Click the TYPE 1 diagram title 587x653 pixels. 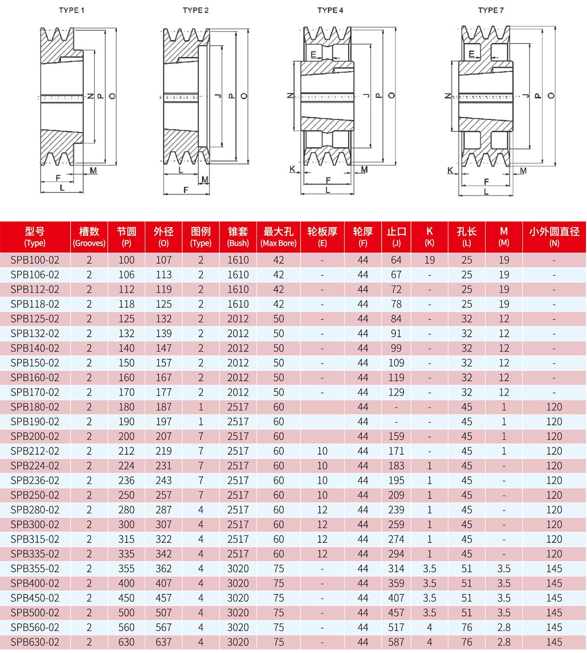click(x=71, y=10)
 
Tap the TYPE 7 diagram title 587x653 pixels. click(x=491, y=10)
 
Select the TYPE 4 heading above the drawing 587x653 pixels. click(x=330, y=10)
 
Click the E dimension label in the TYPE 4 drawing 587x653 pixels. click(x=313, y=53)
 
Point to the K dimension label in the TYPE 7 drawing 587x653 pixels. click(x=451, y=170)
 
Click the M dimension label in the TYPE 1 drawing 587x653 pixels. click(x=93, y=170)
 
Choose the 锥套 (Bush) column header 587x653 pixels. click(x=238, y=236)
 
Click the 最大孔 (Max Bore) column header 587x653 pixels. click(x=278, y=236)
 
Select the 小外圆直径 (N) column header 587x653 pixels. click(x=554, y=236)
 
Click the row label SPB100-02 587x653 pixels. click(x=35, y=260)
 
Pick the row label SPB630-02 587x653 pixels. click(x=35, y=642)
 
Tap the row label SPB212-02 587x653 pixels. click(x=35, y=451)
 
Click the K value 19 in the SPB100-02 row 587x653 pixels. click(x=429, y=260)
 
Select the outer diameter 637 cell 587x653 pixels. click(x=164, y=642)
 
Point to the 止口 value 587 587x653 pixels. click(x=396, y=642)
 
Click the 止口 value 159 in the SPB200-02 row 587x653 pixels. click(x=396, y=436)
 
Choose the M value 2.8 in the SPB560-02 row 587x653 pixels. click(x=504, y=627)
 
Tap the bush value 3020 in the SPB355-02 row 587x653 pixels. click(x=238, y=568)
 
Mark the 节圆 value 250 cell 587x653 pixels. click(x=126, y=495)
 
